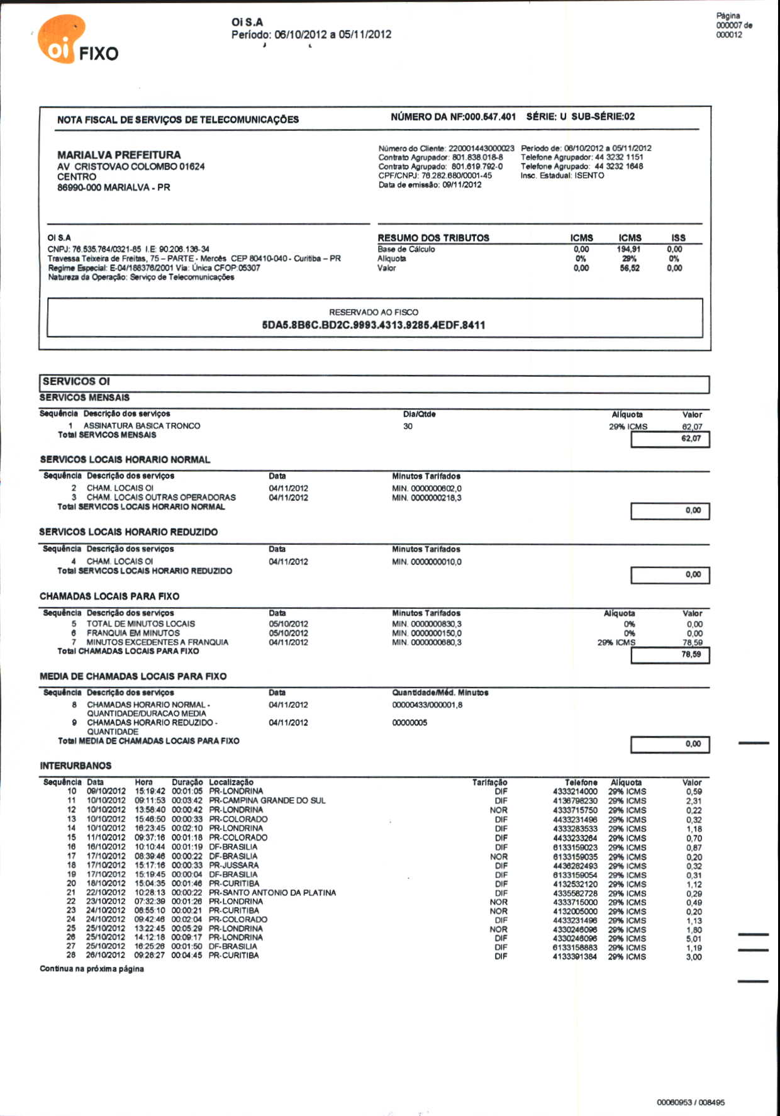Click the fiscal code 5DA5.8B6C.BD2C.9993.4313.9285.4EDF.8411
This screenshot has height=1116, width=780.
tap(374, 325)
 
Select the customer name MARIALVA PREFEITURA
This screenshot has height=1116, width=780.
tap(119, 155)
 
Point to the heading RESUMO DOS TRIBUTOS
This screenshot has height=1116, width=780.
tap(433, 238)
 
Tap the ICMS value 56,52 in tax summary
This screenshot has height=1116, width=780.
tap(629, 268)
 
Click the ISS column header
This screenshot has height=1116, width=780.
tap(678, 238)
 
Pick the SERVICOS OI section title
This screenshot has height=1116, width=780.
tap(76, 381)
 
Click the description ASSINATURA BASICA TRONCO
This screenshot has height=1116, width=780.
tap(142, 426)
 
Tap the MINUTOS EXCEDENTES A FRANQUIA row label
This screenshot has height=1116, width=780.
tap(157, 642)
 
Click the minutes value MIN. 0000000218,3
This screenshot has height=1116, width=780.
tap(426, 498)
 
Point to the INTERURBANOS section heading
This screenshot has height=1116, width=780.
tap(75, 766)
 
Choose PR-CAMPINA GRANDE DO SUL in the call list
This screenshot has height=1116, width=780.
tap(267, 801)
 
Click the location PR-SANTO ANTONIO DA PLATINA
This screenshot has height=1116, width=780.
tap(272, 893)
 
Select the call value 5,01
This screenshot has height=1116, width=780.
tap(694, 939)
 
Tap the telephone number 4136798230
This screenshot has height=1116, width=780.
tap(575, 801)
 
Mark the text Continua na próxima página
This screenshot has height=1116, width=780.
tap(92, 969)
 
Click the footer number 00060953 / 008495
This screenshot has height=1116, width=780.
tap(690, 1102)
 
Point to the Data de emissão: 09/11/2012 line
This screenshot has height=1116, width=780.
tap(430, 185)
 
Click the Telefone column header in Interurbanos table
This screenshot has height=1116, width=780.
tap(581, 783)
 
